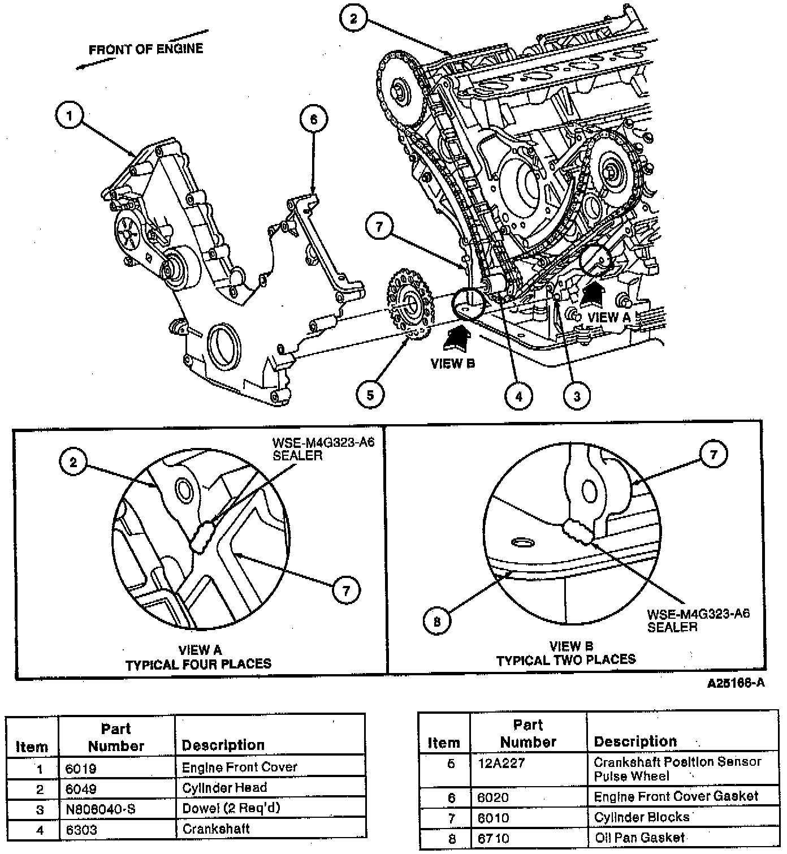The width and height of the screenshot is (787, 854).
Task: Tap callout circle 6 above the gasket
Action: click(x=314, y=119)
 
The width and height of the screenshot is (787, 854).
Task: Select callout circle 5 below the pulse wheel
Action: click(x=370, y=394)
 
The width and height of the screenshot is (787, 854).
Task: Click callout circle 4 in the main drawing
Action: click(x=518, y=396)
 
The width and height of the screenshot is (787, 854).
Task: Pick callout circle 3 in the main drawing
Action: click(x=577, y=396)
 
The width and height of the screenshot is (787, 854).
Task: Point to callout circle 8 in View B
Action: click(x=437, y=622)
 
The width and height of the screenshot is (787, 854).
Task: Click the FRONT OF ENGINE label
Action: click(x=146, y=49)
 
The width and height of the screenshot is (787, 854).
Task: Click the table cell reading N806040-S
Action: click(x=101, y=809)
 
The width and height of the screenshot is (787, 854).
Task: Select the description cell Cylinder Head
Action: click(x=224, y=788)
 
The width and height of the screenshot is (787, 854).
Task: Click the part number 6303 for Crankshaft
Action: click(x=81, y=830)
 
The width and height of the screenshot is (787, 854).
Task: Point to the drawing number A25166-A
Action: click(x=736, y=683)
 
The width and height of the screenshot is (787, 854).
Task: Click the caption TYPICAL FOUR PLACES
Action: click(x=198, y=663)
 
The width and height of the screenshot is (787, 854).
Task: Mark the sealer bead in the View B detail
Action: click(x=578, y=531)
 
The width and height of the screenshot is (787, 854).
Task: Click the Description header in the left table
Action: click(x=223, y=745)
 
